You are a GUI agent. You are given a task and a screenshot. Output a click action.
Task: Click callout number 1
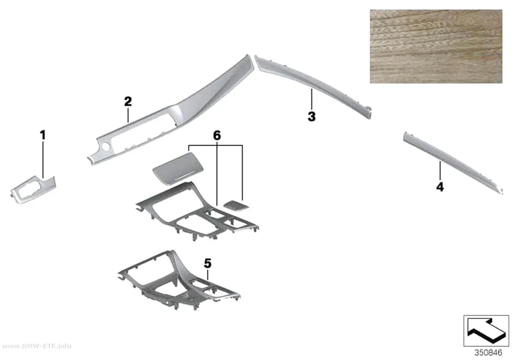click(x=43, y=135)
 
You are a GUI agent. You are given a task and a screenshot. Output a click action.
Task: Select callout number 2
click(x=128, y=101)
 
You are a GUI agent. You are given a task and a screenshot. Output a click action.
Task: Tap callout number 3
click(x=311, y=117)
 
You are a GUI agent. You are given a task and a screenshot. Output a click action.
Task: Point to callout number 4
click(x=440, y=187)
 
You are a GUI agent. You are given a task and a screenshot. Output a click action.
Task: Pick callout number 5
click(x=208, y=264)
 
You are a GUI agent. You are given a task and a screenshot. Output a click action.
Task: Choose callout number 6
click(x=217, y=135)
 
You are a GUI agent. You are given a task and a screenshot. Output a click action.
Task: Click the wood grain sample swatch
click(x=436, y=46)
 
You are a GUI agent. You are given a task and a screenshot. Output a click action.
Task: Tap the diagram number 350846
click(x=488, y=353)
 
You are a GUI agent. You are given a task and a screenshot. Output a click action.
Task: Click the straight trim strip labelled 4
click(x=452, y=162)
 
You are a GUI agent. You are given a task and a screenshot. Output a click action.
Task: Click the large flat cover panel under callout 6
click(x=178, y=167)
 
